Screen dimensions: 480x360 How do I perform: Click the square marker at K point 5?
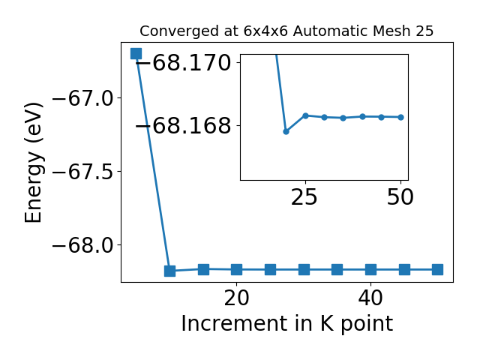[x=136, y=53]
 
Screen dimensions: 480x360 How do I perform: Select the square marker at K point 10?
[x=170, y=271]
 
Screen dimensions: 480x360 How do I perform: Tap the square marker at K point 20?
[x=237, y=270]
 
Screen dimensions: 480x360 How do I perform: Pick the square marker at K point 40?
[x=370, y=270]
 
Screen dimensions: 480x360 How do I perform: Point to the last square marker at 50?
[x=438, y=270]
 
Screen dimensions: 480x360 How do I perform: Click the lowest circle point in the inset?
[x=286, y=132]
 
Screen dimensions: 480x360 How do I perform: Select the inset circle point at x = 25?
[x=305, y=115]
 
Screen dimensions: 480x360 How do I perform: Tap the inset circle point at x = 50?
[x=400, y=117]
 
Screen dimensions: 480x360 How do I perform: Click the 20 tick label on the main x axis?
[x=237, y=298]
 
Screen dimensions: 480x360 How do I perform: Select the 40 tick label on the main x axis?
[x=370, y=298]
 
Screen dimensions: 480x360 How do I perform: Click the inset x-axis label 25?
[x=304, y=197]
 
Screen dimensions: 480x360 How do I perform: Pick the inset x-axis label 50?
[x=400, y=197]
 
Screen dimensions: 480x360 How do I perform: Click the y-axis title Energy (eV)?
[x=33, y=163]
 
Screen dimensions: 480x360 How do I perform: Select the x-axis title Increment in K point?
[x=287, y=324]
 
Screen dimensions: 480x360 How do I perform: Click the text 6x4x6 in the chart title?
[x=265, y=31]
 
